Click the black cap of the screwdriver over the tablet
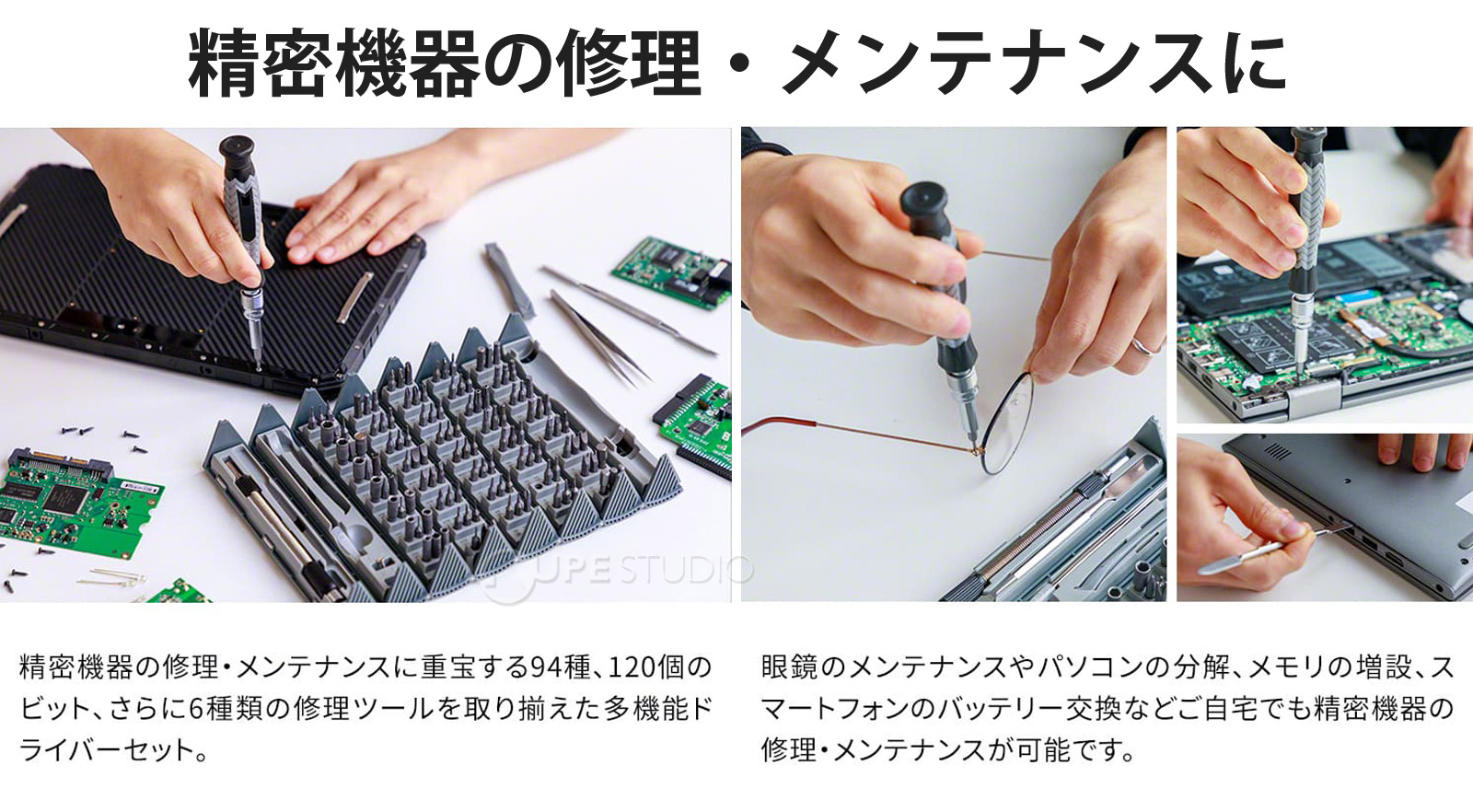237,153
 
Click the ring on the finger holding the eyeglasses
1141,346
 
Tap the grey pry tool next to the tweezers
507,280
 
